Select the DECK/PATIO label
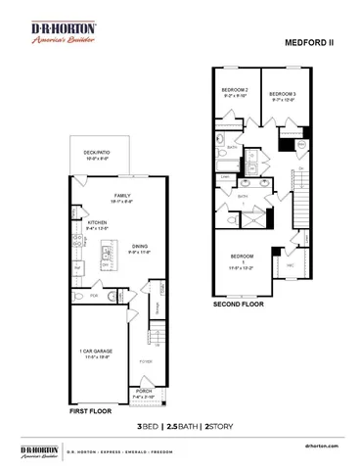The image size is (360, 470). coord(98,155)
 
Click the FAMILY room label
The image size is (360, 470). coord(121,198)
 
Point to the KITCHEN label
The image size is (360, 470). coord(98,224)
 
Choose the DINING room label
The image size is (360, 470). coord(140,248)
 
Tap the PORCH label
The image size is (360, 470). coord(144,395)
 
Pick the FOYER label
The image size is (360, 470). coord(145,361)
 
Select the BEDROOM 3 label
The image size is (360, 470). coord(282,92)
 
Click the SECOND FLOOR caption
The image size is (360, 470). coord(239,305)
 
